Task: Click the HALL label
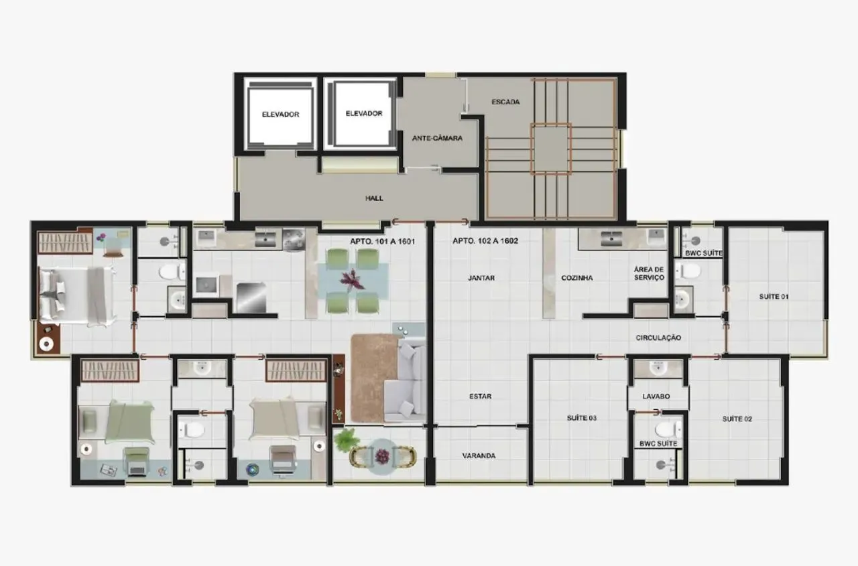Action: coord(374,198)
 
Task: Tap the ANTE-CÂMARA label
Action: coord(437,139)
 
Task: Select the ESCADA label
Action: coord(505,102)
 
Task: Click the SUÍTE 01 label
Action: coord(773,296)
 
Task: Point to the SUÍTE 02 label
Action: coord(737,419)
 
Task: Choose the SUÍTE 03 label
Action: coord(582,418)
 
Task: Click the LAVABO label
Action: coord(656,397)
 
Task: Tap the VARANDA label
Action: coord(479,455)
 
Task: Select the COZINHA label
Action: coord(576,278)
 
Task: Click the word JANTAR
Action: coord(481,278)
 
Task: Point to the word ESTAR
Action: coord(480,397)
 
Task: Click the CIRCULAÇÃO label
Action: coord(658,338)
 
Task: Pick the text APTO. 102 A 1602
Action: coord(485,240)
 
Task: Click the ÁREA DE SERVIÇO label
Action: coord(649,273)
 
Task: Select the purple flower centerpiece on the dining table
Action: coord(352,279)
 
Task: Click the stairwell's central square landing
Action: coord(550,148)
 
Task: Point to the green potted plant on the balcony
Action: coord(346,439)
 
